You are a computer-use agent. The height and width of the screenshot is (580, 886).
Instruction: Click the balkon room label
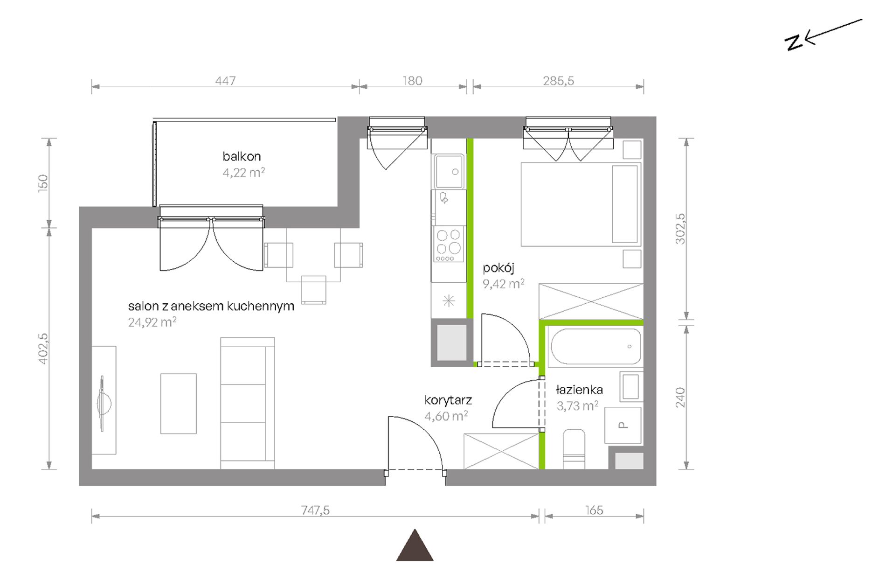pyautogui.click(x=242, y=156)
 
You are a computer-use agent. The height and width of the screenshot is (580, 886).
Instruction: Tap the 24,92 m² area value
pyautogui.click(x=152, y=322)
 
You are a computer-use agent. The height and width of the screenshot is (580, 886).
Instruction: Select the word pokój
pyautogui.click(x=498, y=268)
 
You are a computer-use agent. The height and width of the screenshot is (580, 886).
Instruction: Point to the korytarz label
pyautogui.click(x=448, y=400)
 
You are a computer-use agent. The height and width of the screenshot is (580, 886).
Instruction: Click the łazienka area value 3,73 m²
pyautogui.click(x=577, y=405)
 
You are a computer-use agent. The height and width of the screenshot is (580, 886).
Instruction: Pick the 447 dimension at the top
pyautogui.click(x=225, y=81)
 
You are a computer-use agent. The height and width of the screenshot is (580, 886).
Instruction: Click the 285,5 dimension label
pyautogui.click(x=558, y=81)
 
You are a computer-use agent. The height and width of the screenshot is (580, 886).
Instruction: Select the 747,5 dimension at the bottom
pyautogui.click(x=315, y=510)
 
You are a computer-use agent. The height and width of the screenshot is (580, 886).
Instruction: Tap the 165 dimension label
pyautogui.click(x=594, y=510)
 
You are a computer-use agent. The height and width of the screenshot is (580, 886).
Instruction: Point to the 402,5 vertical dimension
pyautogui.click(x=43, y=348)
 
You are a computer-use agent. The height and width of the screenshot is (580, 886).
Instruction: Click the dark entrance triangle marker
pyautogui.click(x=415, y=545)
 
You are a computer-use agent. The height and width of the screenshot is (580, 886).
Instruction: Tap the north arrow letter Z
pyautogui.click(x=794, y=42)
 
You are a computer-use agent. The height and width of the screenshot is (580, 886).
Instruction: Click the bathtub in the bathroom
pyautogui.click(x=595, y=346)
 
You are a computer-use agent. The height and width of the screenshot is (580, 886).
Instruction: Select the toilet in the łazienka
pyautogui.click(x=574, y=449)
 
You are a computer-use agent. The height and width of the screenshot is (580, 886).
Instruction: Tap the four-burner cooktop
pyautogui.click(x=449, y=244)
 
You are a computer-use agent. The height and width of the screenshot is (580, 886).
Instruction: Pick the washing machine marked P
pyautogui.click(x=623, y=425)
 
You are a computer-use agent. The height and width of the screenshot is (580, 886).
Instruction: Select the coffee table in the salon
pyautogui.click(x=179, y=404)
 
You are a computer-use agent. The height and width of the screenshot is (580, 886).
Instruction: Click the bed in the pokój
pyautogui.click(x=581, y=204)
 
